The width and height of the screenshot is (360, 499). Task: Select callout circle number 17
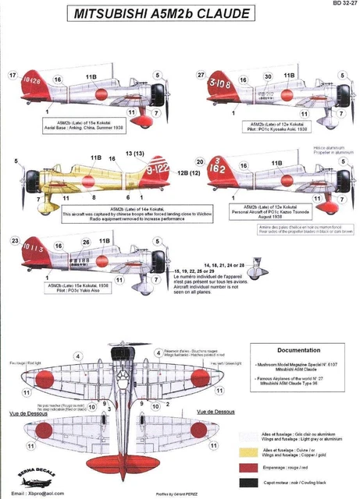[12, 75]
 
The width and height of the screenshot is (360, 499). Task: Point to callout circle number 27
[201, 75]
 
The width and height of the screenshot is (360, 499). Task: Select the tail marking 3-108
[221, 81]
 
